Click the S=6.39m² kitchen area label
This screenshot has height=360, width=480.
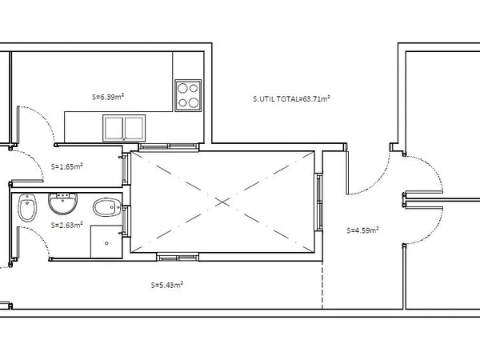(x=108, y=97)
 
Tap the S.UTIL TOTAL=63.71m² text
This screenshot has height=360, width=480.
(x=291, y=98)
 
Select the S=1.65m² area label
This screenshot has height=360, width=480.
(x=66, y=167)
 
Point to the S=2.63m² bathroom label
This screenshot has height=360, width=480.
(x=66, y=225)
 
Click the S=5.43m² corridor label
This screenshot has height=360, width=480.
(x=167, y=285)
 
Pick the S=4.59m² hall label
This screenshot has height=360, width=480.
(x=362, y=230)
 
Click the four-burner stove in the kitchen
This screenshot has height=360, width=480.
(x=188, y=95)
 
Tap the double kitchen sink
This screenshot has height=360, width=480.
(x=124, y=128)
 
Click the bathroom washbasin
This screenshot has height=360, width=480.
(x=62, y=203)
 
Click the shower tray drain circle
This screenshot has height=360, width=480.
(x=106, y=243)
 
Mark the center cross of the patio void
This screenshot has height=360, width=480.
(x=222, y=202)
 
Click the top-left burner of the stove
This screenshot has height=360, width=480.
(x=182, y=88)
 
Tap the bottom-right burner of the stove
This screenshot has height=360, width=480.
(x=194, y=103)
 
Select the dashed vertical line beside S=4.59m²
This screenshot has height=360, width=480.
(x=322, y=285)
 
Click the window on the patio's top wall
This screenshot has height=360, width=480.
(x=169, y=147)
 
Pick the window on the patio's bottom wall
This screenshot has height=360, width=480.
(x=178, y=257)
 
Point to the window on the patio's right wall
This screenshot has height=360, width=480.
(x=318, y=202)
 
